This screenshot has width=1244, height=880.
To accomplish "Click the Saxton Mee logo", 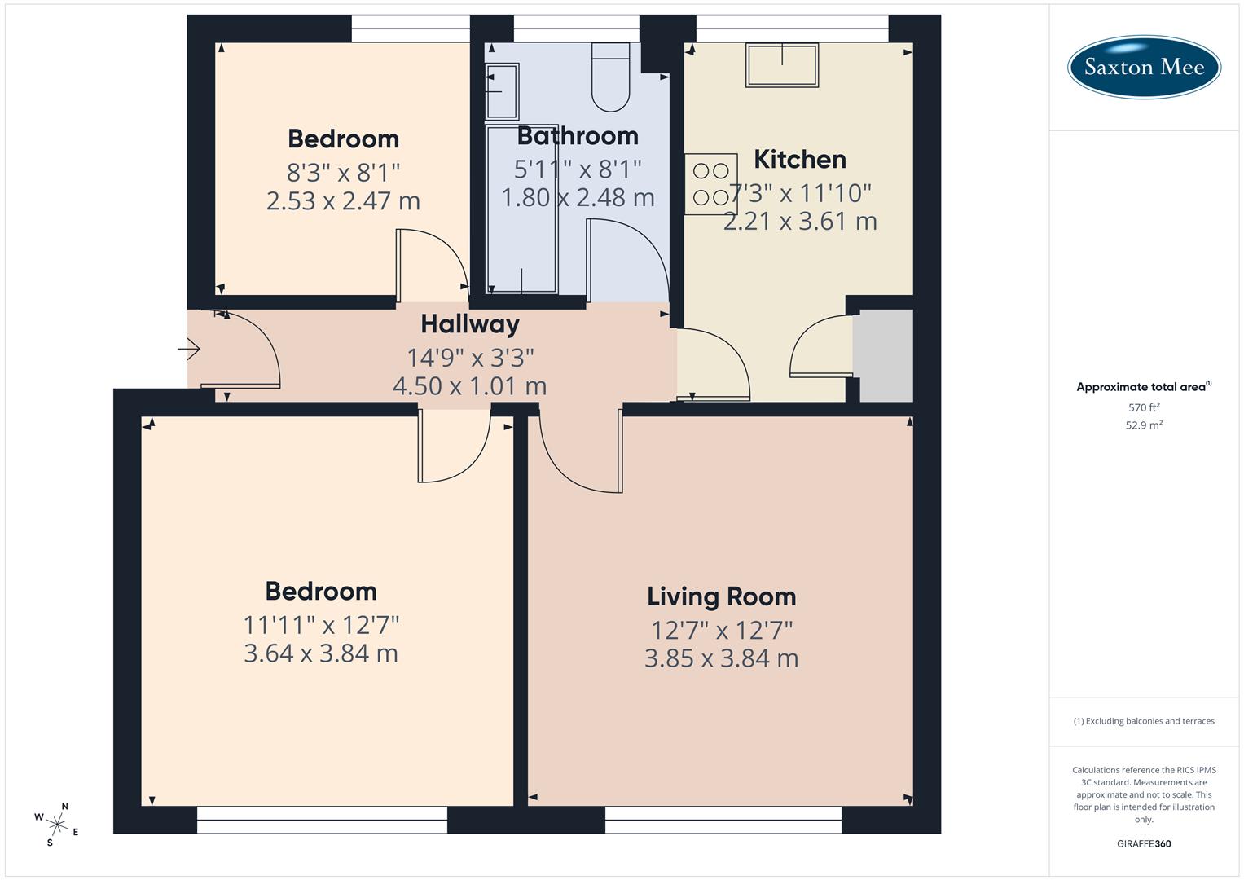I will coord(1144,66).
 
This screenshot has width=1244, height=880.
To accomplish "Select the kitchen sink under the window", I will coord(781,65).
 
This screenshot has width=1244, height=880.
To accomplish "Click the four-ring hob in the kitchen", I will coord(710,184).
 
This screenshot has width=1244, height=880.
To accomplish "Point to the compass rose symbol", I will coord(56,823).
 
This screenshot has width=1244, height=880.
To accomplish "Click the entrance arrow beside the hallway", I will coord(189,350).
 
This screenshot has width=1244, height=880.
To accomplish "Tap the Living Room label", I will coord(721,596).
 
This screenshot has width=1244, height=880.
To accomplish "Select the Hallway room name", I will coord(470,324).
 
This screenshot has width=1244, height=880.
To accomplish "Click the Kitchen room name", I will coord(799,159).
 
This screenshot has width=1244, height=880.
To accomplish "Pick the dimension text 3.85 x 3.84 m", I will coord(721,658).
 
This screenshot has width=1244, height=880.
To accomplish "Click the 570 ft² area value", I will coord(1144,407).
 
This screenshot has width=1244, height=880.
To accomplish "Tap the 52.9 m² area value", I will coord(1144,425).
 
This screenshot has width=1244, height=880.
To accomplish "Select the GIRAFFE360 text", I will coord(1144,844).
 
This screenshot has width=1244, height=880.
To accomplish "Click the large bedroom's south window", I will coord(322,820).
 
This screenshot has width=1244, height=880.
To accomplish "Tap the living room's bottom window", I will coord(723,820).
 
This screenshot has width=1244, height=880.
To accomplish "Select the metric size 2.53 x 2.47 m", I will coord(343,201).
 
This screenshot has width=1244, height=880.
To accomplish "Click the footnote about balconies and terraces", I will coord(1144,721).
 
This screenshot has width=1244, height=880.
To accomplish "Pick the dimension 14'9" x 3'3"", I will coord(470,357).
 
